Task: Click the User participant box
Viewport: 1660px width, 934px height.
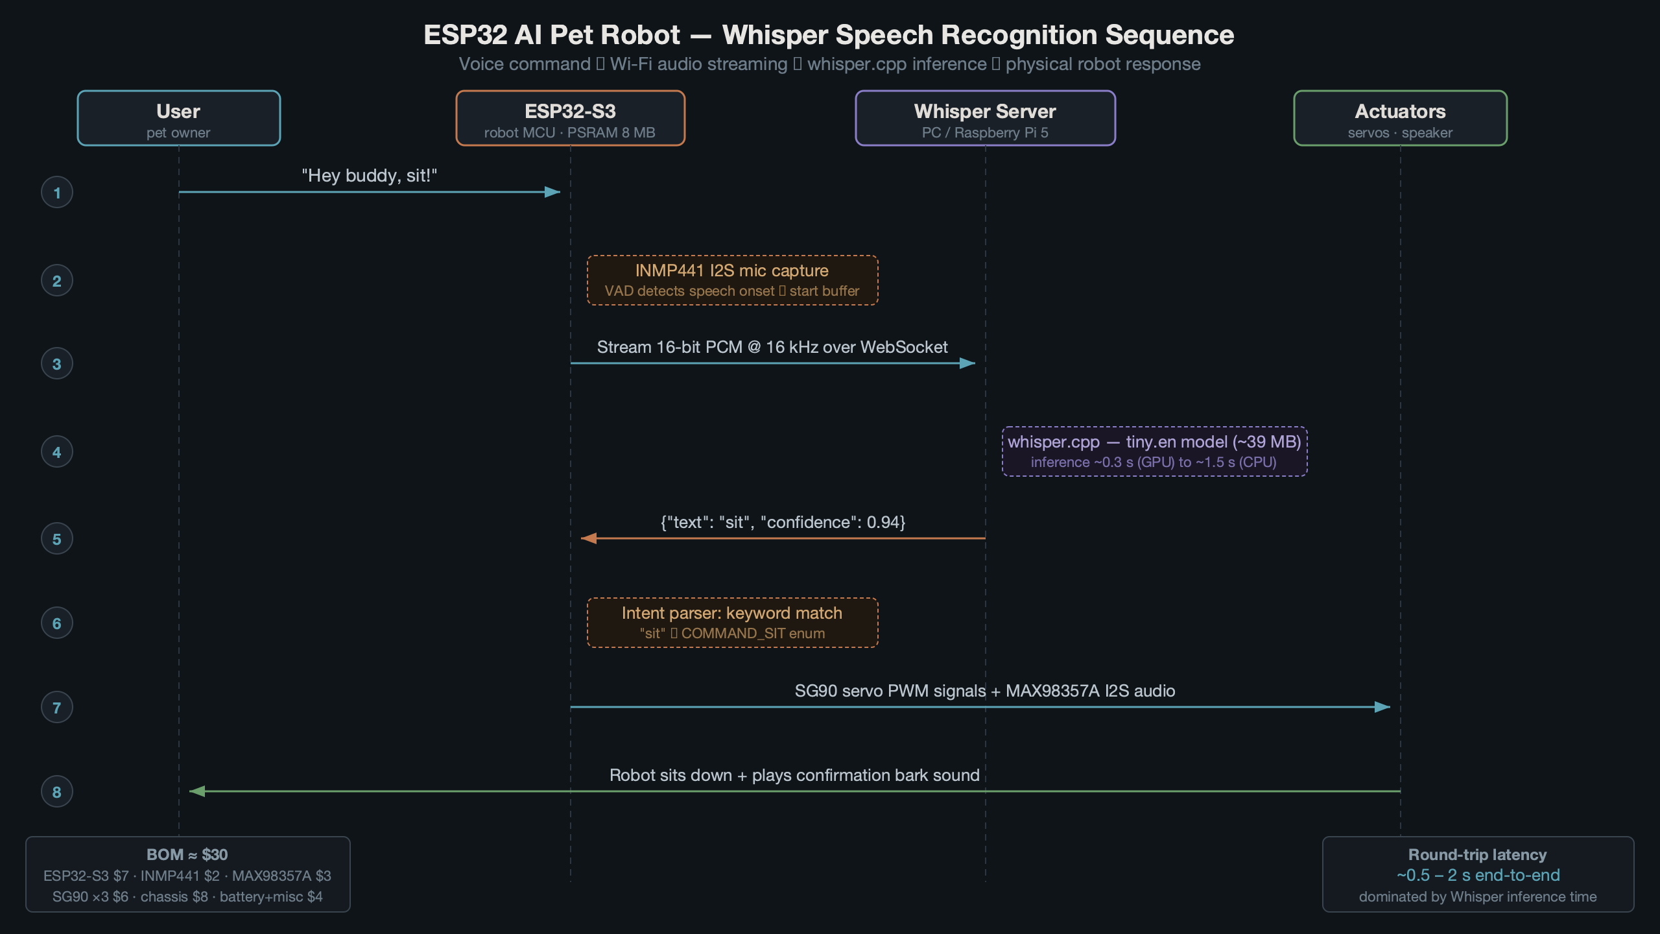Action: point(178,118)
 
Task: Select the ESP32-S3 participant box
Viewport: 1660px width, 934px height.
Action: point(570,118)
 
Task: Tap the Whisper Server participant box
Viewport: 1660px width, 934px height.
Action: point(985,118)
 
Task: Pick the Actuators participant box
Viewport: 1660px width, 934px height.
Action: point(1400,118)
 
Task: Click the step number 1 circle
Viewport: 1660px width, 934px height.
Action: point(57,193)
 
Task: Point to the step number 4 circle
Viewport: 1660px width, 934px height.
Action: point(57,452)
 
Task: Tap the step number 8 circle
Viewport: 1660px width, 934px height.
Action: point(57,792)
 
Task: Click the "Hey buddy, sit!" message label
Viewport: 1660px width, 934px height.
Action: point(369,176)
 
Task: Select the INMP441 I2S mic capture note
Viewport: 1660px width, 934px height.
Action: point(732,280)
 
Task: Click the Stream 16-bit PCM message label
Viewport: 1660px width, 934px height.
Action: point(772,348)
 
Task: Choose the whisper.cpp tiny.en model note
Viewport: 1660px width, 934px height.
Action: point(1154,451)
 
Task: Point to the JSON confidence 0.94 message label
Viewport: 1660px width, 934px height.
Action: point(783,523)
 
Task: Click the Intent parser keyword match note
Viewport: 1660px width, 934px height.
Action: point(732,623)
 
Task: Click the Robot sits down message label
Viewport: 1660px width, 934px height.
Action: point(794,776)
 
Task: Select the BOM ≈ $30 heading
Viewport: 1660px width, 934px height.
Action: point(187,855)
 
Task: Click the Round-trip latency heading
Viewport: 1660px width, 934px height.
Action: point(1477,855)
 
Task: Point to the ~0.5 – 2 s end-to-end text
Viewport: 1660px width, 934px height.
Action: point(1478,876)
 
